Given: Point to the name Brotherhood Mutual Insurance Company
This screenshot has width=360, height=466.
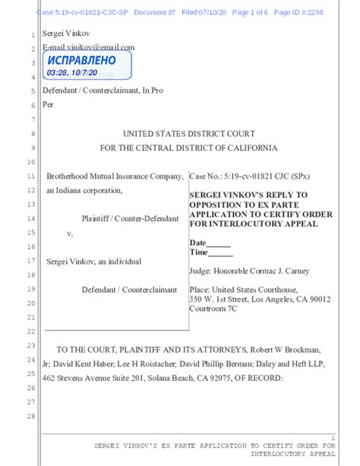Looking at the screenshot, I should pos(115,176).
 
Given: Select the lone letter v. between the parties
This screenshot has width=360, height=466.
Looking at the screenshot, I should pos(70,233).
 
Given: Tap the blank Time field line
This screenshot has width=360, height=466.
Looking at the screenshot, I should pos(221,253).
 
